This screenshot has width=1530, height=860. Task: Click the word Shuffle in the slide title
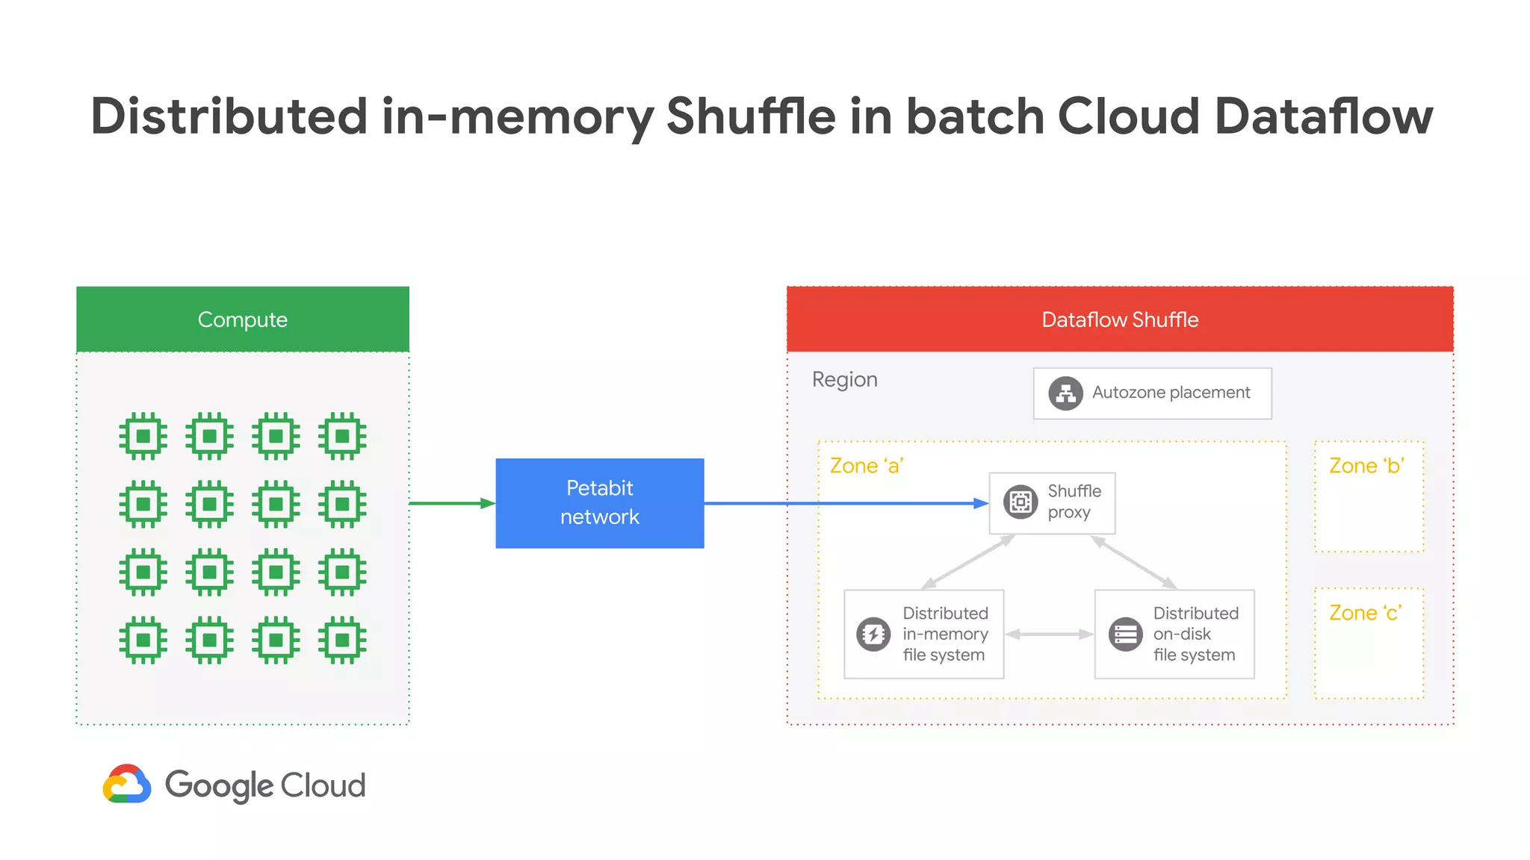[x=750, y=116]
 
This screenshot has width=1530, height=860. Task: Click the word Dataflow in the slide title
[x=1324, y=116]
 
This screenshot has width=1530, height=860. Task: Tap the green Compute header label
[x=242, y=320]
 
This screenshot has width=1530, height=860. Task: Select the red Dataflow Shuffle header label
[x=1119, y=320]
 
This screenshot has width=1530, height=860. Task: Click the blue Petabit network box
[x=599, y=502]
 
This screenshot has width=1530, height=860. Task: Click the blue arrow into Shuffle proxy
[x=844, y=503]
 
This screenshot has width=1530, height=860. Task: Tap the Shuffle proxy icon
[x=1020, y=502]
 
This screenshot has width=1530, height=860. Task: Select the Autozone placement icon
[x=1065, y=393]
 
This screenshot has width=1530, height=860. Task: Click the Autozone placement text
[x=1171, y=393]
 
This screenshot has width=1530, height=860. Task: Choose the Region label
[x=844, y=379]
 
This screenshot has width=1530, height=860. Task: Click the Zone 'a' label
[x=867, y=466]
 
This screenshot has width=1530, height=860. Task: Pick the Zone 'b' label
[x=1366, y=466]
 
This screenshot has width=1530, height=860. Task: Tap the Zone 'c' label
[x=1365, y=613]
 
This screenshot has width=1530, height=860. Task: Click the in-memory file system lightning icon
[x=873, y=635]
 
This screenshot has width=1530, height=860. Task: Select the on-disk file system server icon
[x=1125, y=635]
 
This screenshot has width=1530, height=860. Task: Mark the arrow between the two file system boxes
[x=1049, y=635]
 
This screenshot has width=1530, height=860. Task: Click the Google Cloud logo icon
[x=127, y=784]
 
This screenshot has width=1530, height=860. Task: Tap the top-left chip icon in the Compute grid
[x=143, y=435]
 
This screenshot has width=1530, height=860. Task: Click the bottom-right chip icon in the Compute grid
[x=342, y=640]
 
